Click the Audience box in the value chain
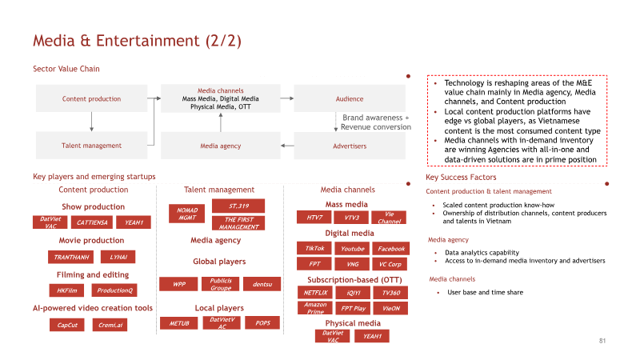point(350,98)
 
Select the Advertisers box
point(350,146)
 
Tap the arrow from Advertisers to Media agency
point(287,146)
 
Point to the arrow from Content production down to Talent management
point(91,122)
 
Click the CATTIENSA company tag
point(92,222)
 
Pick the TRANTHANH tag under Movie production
point(71,257)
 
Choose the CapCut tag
point(67,326)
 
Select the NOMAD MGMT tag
point(187,214)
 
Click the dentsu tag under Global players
point(262,284)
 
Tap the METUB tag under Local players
point(179,323)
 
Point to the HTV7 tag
point(314,218)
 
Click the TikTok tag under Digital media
point(314,248)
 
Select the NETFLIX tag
point(315,293)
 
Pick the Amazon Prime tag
point(315,308)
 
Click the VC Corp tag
point(390,264)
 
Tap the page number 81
point(602,341)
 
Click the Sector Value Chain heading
point(66,69)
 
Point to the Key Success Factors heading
point(461,177)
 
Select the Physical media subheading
point(353,323)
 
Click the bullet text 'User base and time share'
point(485,292)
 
